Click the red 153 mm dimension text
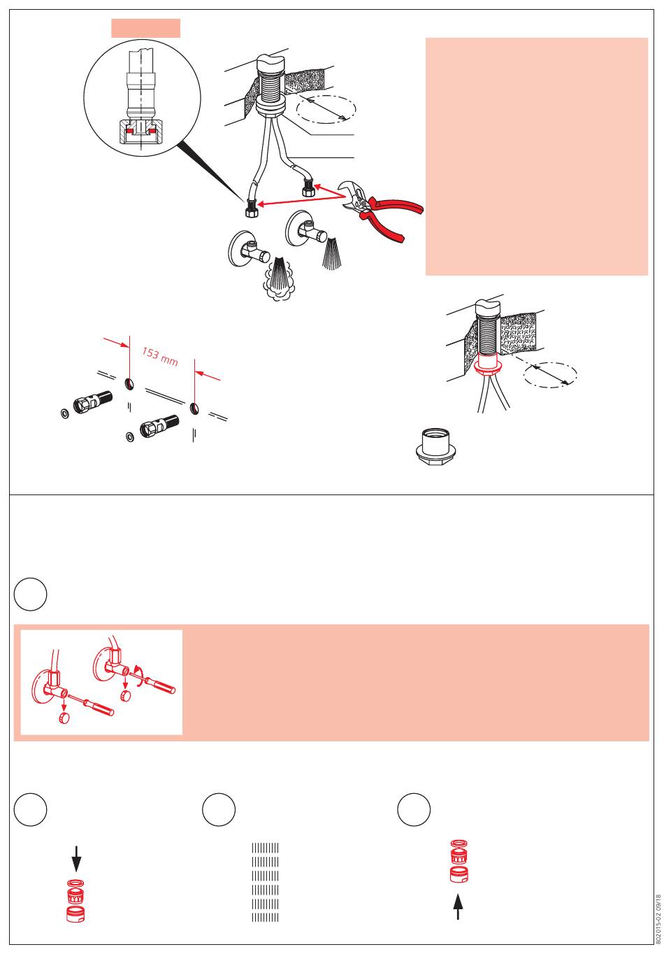(159, 357)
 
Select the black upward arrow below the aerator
(458, 906)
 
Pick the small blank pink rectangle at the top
(145, 28)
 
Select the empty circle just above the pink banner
(30, 594)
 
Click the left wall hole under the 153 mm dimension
(129, 384)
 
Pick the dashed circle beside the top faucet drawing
(326, 108)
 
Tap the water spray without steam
(331, 255)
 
